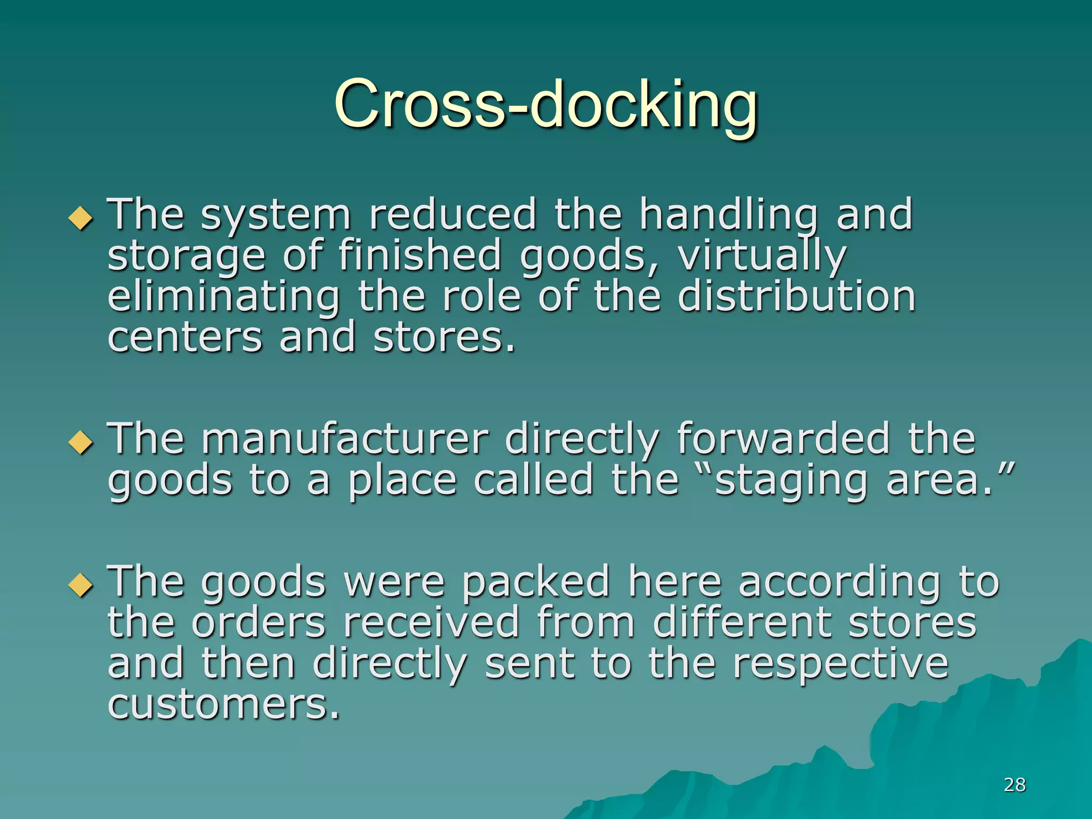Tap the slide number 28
pos(1014,784)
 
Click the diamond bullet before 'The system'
pos(81,218)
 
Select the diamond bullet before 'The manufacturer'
pos(81,442)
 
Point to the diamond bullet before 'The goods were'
pos(81,585)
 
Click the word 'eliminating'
pos(224,298)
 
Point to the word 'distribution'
pos(797,296)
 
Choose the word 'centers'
pos(185,338)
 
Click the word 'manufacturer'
pos(344,439)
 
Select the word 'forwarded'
pos(783,439)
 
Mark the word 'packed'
pos(536,582)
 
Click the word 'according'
pos(839,582)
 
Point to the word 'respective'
pos(840,664)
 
